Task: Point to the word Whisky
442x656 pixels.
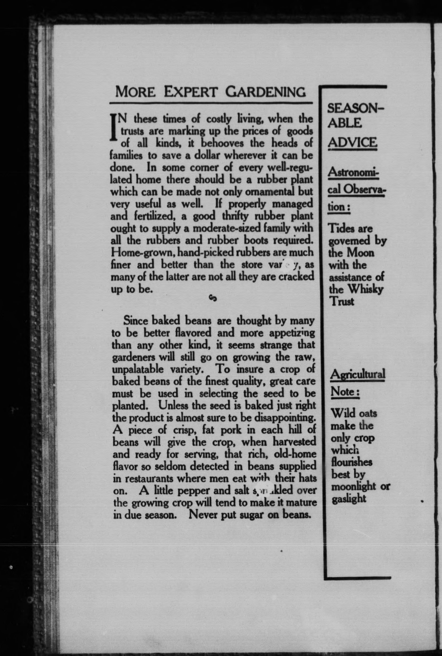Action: [x=366, y=289]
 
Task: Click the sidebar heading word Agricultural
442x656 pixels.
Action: [x=357, y=375]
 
